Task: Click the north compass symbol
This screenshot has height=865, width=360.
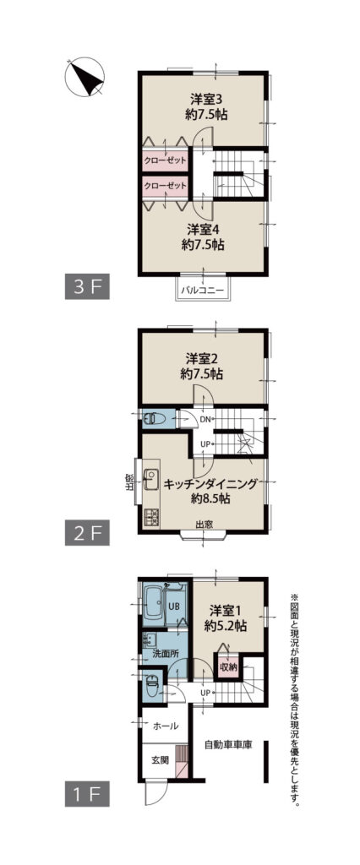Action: click(x=85, y=77)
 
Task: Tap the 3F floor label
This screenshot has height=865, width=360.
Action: click(x=87, y=287)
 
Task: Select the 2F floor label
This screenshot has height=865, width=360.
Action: click(x=87, y=533)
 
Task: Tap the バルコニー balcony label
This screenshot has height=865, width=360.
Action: click(x=205, y=289)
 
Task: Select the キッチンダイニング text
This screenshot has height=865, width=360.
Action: click(x=210, y=484)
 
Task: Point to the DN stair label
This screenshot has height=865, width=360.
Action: click(x=205, y=419)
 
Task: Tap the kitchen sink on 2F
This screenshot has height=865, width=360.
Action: click(x=150, y=480)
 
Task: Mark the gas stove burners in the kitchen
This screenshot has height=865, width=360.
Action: click(x=150, y=518)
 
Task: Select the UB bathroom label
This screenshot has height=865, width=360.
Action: click(x=173, y=605)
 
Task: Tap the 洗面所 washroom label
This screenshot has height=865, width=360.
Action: click(x=166, y=653)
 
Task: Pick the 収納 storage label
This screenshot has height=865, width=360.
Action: click(x=228, y=667)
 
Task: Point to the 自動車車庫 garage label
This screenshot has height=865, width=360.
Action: click(x=228, y=745)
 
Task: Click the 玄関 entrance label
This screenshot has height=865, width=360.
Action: click(x=160, y=759)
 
